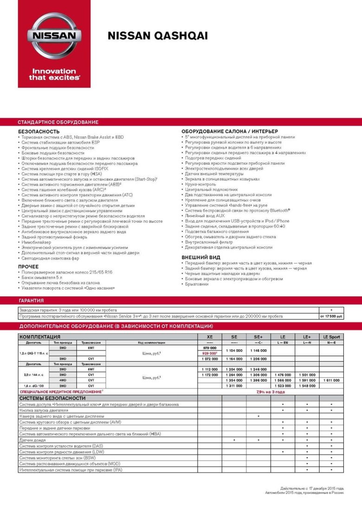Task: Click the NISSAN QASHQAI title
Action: click(158, 36)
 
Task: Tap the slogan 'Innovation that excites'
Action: click(54, 74)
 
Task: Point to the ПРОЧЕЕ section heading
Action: click(28, 266)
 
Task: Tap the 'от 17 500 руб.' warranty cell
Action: click(331, 316)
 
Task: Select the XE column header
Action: click(210, 337)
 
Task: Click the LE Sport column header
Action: click(331, 337)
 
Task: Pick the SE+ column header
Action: click(258, 337)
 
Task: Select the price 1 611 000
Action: click(331, 380)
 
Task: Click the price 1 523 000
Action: click(283, 386)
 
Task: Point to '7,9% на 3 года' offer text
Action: click(271, 392)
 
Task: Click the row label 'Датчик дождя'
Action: click(32, 440)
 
